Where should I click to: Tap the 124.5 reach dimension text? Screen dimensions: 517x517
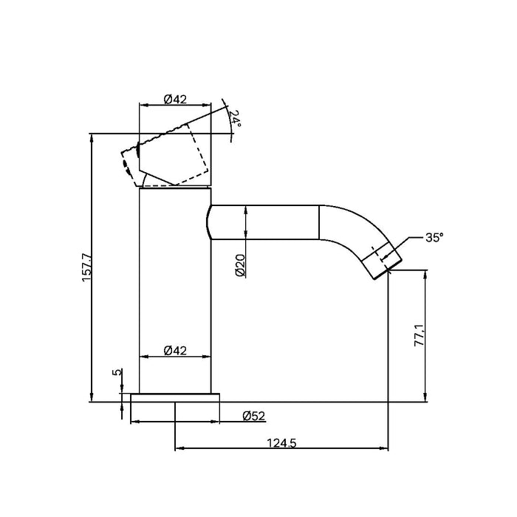pyautogui.click(x=282, y=444)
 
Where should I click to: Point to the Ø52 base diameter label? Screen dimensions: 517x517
pyautogui.click(x=254, y=416)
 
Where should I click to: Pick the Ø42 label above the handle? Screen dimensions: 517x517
pyautogui.click(x=175, y=100)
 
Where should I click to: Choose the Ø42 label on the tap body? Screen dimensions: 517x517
pyautogui.click(x=175, y=350)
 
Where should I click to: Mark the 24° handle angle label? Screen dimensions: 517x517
pyautogui.click(x=234, y=119)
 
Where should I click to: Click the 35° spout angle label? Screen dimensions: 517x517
pyautogui.click(x=434, y=239)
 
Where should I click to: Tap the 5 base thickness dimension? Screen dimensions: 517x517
pyautogui.click(x=116, y=373)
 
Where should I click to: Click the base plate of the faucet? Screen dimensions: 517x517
pyautogui.click(x=175, y=398)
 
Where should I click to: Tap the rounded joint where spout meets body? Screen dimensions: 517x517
pyautogui.click(x=210, y=222)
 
